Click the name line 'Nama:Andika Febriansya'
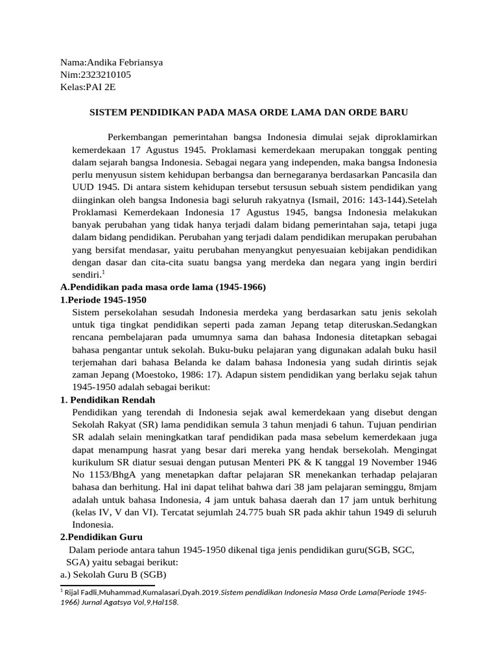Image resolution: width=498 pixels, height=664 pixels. [x=111, y=63]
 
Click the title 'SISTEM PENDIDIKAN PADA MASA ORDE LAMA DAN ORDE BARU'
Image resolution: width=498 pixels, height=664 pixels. [x=248, y=112]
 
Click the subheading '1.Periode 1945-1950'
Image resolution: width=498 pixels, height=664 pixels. [x=103, y=300]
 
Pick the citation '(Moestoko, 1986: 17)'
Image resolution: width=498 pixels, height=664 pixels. [x=174, y=375]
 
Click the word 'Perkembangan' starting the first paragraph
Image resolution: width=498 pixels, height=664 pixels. [x=138, y=137]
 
